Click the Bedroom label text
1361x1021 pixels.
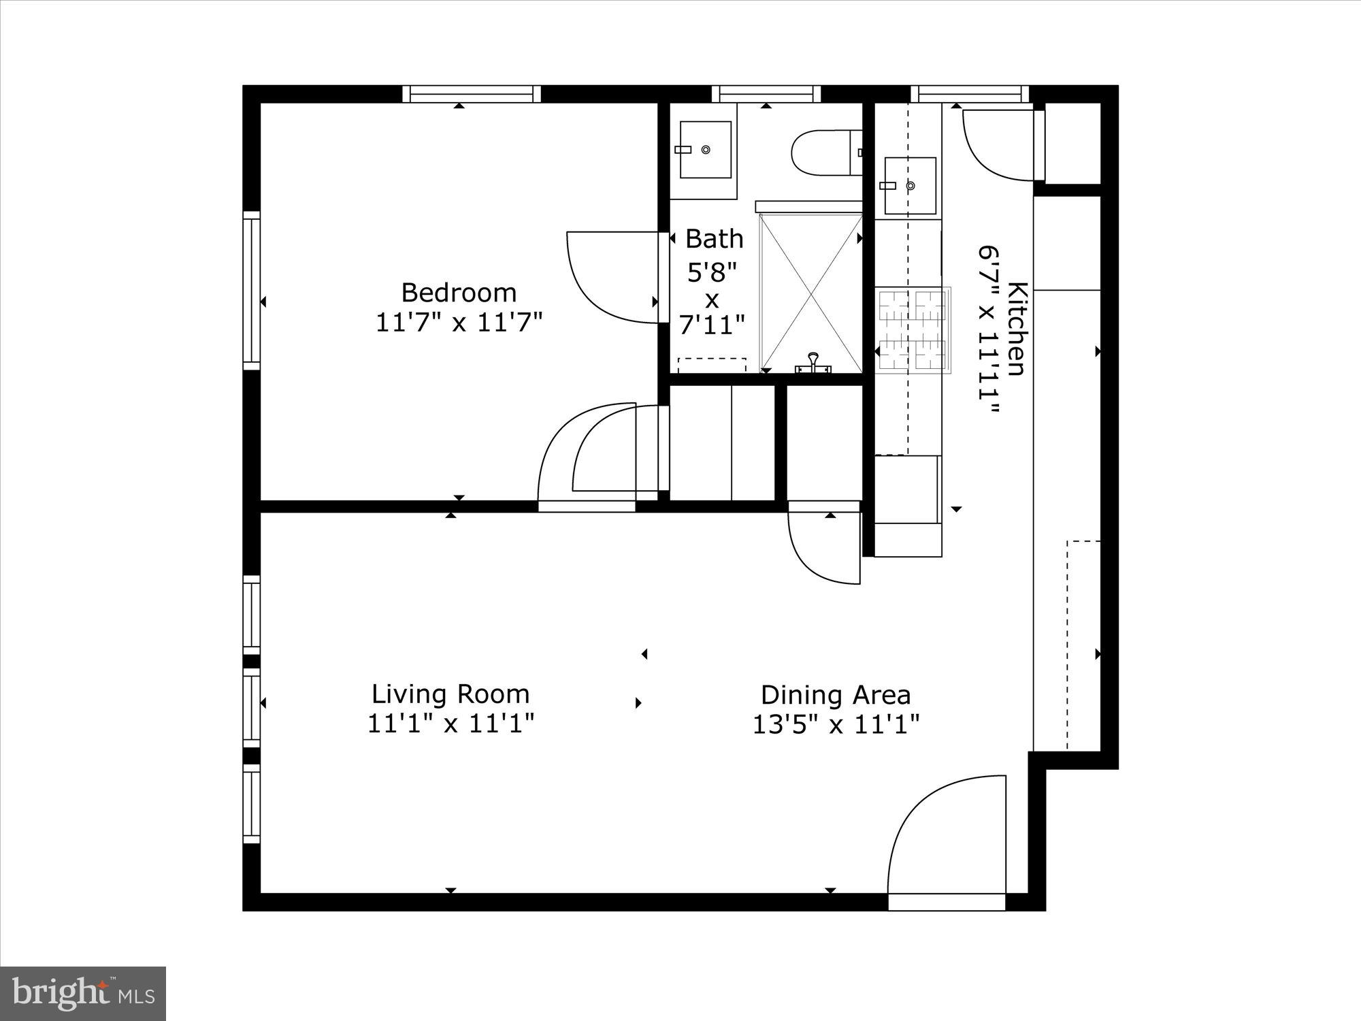[x=459, y=293]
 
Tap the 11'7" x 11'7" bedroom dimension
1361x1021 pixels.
[x=459, y=322]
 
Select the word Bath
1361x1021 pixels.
[x=714, y=239]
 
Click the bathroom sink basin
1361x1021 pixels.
[x=706, y=150]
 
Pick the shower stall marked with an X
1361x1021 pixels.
[x=810, y=293]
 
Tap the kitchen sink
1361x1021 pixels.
[x=910, y=185]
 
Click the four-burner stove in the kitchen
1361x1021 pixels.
[x=912, y=331]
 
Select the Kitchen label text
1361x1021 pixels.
[x=1017, y=328]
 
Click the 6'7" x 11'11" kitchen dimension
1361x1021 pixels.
[x=989, y=329]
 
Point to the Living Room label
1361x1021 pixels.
[x=450, y=694]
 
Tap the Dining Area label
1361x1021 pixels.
[x=836, y=695]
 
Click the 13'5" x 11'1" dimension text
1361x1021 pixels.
[x=836, y=724]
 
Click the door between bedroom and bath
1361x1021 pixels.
[x=612, y=276]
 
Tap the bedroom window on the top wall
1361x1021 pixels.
[x=471, y=94]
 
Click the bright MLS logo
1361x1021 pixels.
[x=83, y=994]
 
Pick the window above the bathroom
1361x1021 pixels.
[x=766, y=94]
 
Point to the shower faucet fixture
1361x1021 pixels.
[x=813, y=363]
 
